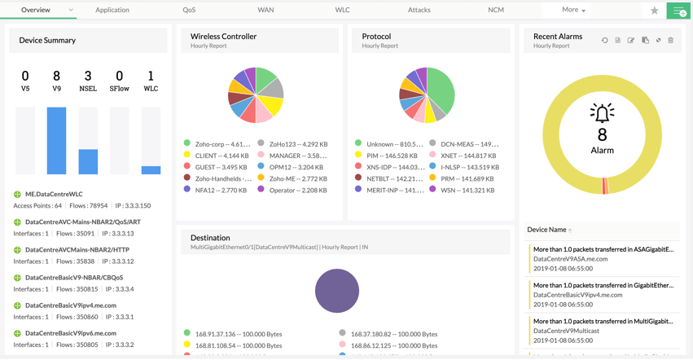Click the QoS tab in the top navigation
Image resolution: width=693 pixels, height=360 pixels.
pyautogui.click(x=189, y=10)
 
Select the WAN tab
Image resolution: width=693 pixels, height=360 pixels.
pyautogui.click(x=265, y=10)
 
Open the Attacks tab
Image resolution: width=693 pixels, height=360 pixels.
pyautogui.click(x=419, y=10)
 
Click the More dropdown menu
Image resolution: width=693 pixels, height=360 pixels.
pyautogui.click(x=573, y=10)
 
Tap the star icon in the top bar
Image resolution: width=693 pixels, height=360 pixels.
pyautogui.click(x=654, y=11)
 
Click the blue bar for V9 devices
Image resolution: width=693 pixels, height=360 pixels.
pyautogui.click(x=56, y=141)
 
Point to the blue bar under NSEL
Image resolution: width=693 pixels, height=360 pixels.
pyautogui.click(x=88, y=161)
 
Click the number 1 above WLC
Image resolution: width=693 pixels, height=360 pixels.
pyautogui.click(x=151, y=77)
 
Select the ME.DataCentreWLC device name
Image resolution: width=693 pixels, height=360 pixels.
pyautogui.click(x=54, y=194)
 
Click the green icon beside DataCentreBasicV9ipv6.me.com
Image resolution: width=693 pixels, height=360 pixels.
pyautogui.click(x=17, y=333)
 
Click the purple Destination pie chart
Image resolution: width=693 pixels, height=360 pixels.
pyautogui.click(x=336, y=291)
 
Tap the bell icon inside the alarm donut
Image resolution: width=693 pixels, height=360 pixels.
pyautogui.click(x=602, y=113)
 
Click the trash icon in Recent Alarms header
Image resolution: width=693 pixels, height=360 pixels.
pyautogui.click(x=670, y=40)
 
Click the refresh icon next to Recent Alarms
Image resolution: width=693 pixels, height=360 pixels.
pyautogui.click(x=604, y=40)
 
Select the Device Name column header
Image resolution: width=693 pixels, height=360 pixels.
pyautogui.click(x=546, y=230)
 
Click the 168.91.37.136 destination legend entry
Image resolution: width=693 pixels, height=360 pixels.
pyautogui.click(x=233, y=333)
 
